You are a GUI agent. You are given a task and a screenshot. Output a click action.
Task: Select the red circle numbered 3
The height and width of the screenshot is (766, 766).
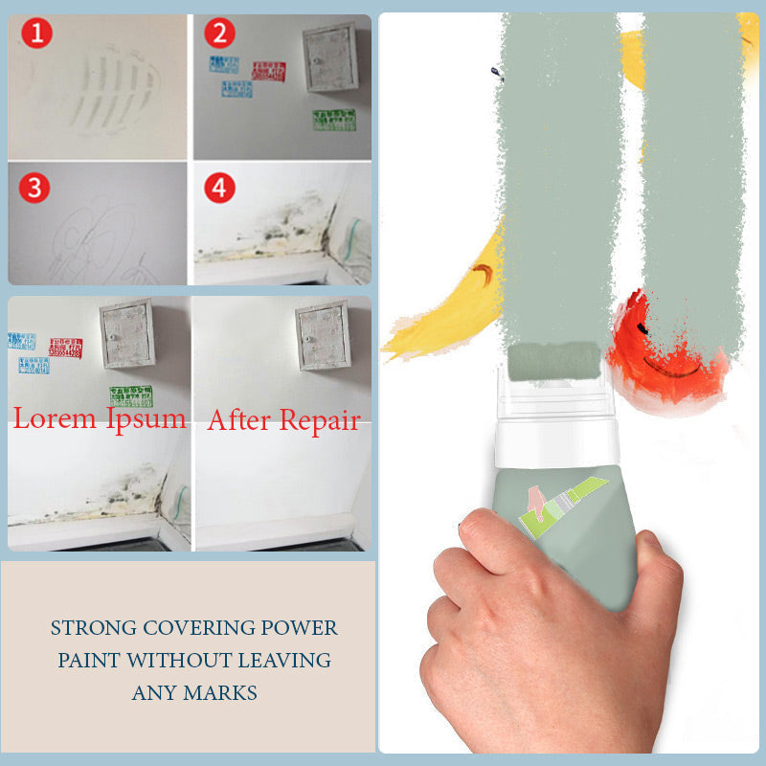pyautogui.click(x=35, y=188)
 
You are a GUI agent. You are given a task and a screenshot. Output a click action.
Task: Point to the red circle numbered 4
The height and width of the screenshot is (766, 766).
pyautogui.click(x=219, y=188)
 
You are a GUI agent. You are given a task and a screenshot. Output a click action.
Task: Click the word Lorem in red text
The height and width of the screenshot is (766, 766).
pyautogui.click(x=56, y=417)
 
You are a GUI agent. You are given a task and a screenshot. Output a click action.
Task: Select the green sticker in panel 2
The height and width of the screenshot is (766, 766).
pyautogui.click(x=333, y=120)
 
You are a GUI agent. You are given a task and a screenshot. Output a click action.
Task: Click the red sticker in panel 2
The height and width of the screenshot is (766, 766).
pyautogui.click(x=268, y=70)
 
